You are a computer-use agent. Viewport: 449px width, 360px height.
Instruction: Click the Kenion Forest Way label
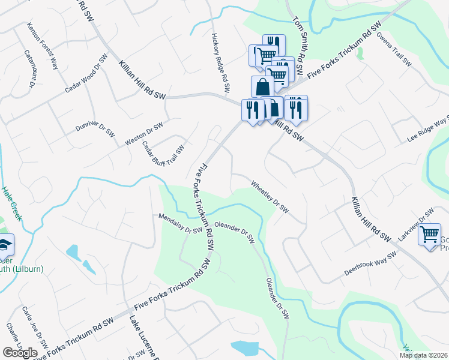(x=43, y=46)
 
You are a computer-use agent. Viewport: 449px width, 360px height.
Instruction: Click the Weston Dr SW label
(x=144, y=134)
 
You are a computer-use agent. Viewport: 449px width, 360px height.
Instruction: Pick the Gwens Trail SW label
(x=394, y=48)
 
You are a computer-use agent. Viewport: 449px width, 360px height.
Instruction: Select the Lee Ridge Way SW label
(x=428, y=128)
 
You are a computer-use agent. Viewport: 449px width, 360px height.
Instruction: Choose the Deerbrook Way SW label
(x=370, y=264)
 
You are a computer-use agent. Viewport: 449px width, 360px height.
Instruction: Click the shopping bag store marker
(x=262, y=87)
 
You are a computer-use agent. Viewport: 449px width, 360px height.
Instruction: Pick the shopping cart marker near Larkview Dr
(x=429, y=234)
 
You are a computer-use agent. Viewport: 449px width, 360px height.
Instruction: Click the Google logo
(x=20, y=353)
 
